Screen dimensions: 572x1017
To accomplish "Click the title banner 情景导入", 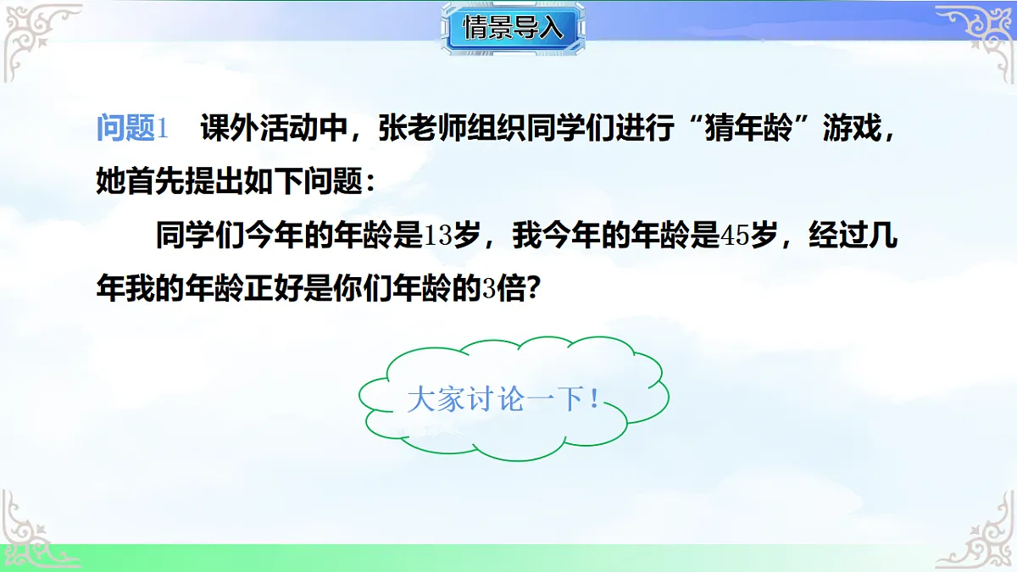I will tap(513, 27).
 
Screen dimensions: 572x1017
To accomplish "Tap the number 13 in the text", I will tap(439, 236).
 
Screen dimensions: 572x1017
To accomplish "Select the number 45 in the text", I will tap(735, 236).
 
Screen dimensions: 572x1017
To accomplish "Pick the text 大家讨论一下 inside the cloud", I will tap(495, 399).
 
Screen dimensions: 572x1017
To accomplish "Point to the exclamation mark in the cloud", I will tap(594, 399).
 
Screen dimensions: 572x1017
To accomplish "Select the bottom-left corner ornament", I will tap(34, 530).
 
